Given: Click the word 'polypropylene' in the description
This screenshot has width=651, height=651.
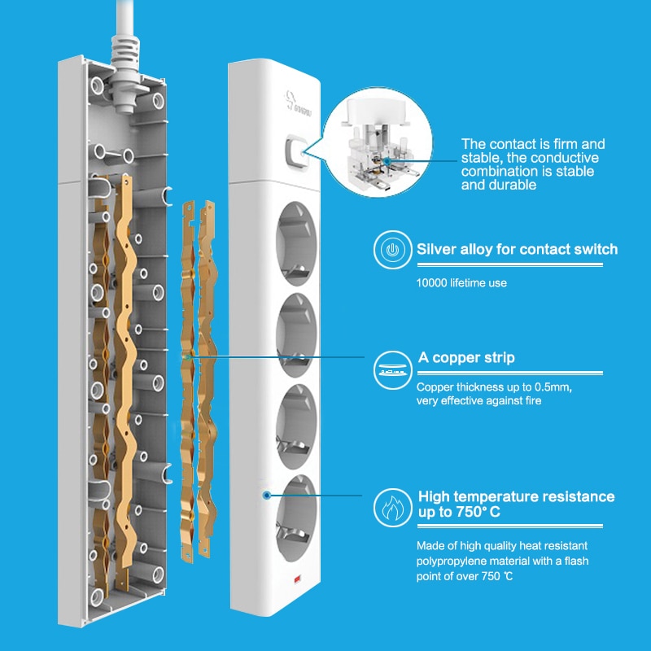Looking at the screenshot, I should [453, 561].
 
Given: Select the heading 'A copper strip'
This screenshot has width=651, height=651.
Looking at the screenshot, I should [465, 357].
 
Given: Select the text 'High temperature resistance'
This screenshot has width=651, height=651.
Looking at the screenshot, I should [516, 496].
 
